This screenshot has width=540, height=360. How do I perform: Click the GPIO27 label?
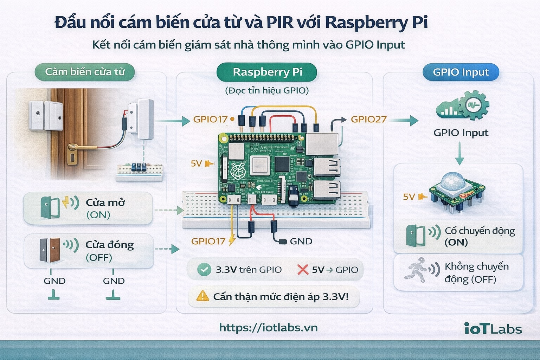tap(368, 120)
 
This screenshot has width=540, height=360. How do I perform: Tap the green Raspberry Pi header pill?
tap(267, 72)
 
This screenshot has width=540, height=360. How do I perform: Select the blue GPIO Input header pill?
tap(461, 72)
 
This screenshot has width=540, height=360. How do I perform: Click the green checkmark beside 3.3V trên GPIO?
tap(204, 270)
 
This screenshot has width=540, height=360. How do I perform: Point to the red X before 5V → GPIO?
tap(303, 270)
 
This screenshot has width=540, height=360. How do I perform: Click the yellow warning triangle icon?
tap(202, 296)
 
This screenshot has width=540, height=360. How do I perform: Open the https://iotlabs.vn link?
tap(268, 328)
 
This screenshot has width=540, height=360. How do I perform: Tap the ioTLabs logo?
tap(493, 329)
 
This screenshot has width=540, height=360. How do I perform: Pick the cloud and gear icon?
tap(462, 105)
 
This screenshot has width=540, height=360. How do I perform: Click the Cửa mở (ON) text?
tap(105, 208)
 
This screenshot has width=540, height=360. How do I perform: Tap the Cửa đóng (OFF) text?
tap(109, 251)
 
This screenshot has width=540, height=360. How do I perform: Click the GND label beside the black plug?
tap(301, 242)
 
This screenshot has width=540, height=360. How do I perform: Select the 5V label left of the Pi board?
tap(196, 163)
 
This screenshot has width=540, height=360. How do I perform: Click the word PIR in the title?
tap(279, 22)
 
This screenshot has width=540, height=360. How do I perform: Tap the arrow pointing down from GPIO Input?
tap(459, 154)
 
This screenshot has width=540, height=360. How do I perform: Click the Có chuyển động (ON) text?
tap(480, 236)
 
